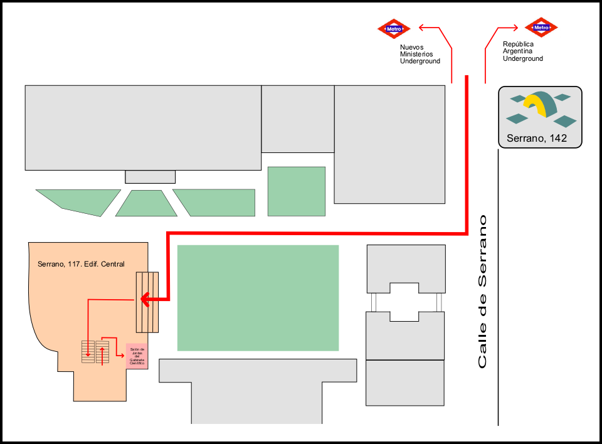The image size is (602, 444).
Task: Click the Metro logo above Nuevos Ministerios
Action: pos(394,28)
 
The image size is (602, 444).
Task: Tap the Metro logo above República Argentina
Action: pos(541,28)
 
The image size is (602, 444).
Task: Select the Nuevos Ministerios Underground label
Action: pos(420,54)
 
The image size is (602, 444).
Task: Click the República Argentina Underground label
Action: pos(522,51)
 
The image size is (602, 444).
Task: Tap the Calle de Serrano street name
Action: pos(482,292)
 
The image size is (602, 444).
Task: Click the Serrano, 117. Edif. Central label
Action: pos(81,264)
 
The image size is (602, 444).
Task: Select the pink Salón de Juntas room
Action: pos(137,356)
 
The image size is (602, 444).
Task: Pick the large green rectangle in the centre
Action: pos(258,298)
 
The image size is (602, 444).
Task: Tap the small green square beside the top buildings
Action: pos(296,191)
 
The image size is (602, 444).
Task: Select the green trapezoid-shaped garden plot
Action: pos(146,204)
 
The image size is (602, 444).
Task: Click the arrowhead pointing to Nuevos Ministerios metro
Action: pos(421,27)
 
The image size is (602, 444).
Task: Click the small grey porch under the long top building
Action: pos(150,177)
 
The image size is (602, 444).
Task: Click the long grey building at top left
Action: pos(143,127)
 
